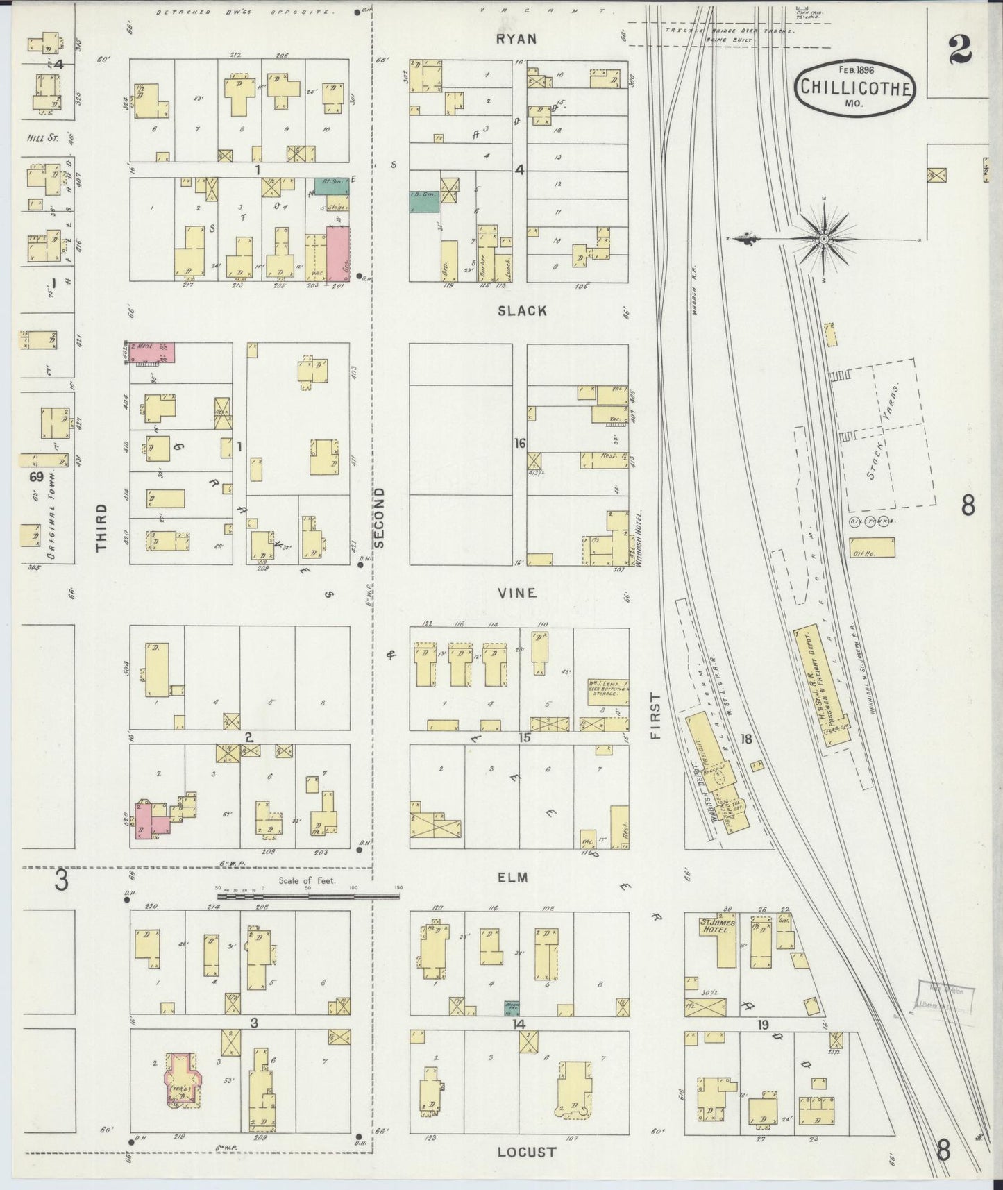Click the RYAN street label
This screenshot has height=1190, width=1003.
(516, 39)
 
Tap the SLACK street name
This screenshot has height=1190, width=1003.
(522, 311)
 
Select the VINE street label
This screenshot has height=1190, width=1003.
(517, 593)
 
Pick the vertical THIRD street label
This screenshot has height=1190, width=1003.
(102, 528)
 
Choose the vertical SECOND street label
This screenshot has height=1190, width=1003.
(379, 517)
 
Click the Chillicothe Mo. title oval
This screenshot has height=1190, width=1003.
(856, 87)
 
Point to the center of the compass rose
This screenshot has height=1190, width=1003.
(823, 239)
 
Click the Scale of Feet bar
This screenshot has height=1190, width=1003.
(307, 896)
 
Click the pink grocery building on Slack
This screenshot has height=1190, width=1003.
(338, 253)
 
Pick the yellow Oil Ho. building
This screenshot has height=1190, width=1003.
(872, 548)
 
